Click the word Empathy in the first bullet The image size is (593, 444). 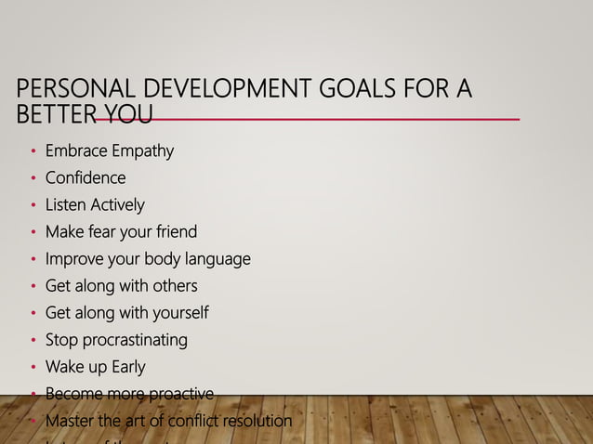(142, 150)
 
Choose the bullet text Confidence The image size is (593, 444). (86, 177)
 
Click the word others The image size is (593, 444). (174, 285)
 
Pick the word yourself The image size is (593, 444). (178, 313)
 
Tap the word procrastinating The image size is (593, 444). (132, 340)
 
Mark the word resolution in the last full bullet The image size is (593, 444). (256, 421)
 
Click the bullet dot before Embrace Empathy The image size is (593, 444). (33, 151)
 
